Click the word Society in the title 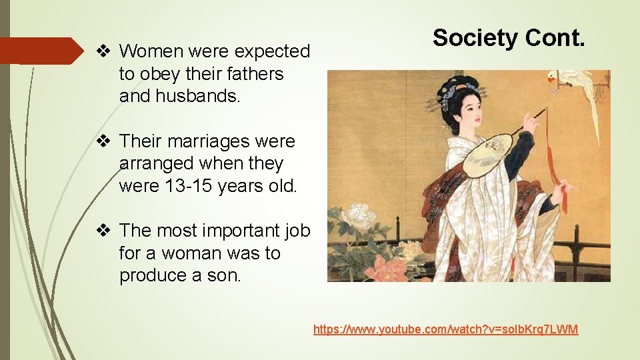[x=474, y=38]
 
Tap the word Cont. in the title [x=555, y=38]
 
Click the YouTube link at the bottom [x=445, y=329]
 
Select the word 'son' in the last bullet [x=224, y=276]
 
